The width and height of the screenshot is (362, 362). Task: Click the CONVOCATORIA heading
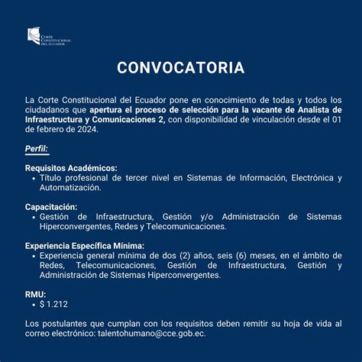tap(181, 69)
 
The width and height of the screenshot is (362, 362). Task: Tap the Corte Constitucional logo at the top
tap(48, 36)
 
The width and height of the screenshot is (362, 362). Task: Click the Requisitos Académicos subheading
tap(71, 167)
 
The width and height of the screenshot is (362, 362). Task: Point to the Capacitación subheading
tap(51, 207)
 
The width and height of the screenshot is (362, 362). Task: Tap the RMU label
tap(35, 294)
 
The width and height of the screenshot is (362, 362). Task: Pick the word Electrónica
tap(303, 177)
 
